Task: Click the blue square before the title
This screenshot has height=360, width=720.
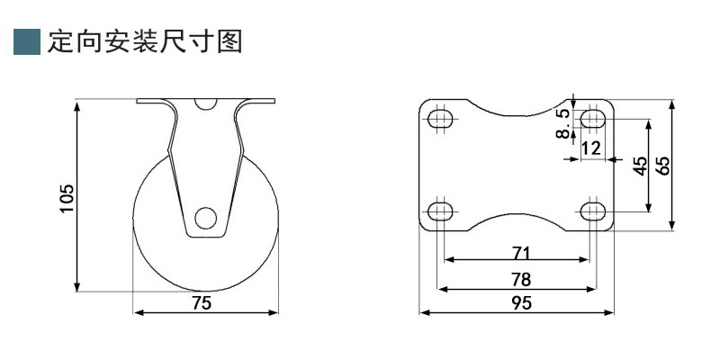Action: point(27,42)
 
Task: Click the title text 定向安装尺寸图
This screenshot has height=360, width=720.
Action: point(146,42)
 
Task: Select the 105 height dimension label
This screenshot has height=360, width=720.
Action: point(67,198)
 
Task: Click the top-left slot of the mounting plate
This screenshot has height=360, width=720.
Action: point(439,120)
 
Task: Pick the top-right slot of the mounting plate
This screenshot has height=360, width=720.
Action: point(592,120)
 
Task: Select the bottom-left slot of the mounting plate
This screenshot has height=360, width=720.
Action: point(439,211)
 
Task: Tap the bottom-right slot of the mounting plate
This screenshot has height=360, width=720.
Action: point(592,211)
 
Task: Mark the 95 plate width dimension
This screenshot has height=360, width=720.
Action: point(520,303)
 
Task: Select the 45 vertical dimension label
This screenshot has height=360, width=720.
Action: point(640,166)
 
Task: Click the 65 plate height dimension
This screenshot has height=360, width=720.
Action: point(663,166)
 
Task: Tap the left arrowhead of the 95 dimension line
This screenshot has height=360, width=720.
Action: point(425,313)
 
